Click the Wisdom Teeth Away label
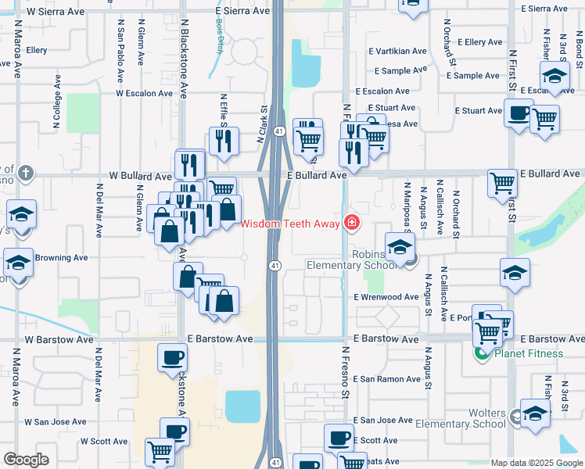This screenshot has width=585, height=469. point(289,224)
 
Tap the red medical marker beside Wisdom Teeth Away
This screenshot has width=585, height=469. point(352,224)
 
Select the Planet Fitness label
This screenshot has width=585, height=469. point(528,353)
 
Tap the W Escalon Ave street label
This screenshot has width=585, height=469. point(144,93)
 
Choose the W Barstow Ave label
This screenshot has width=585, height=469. point(59,340)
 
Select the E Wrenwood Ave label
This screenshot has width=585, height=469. point(386,297)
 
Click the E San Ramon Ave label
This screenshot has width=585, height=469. point(387,379)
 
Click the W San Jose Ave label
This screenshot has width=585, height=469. point(54,421)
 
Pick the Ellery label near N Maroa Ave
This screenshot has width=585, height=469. point(37,50)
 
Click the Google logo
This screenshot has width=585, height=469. point(26,460)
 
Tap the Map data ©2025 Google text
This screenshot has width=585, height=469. point(536,463)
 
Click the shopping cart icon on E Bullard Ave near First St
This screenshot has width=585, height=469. point(502,182)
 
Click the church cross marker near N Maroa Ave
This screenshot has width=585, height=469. point(25,173)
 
